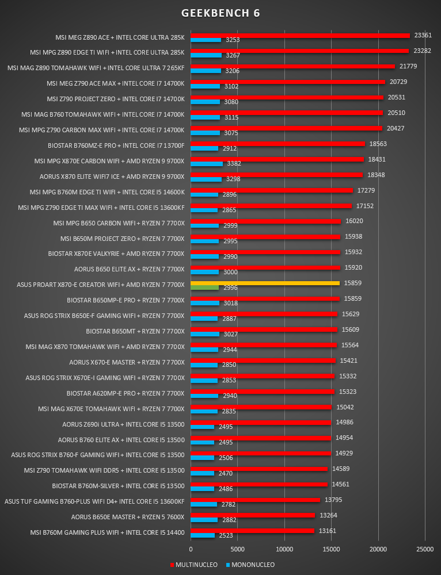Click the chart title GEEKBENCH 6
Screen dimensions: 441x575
tap(221, 13)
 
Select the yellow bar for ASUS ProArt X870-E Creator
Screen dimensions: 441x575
tap(265, 283)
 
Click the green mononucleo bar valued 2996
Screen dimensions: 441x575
tap(204, 287)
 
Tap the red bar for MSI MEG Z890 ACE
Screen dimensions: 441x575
tap(300, 36)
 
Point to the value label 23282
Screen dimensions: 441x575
tap(422, 51)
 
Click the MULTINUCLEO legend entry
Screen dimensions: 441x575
tap(193, 565)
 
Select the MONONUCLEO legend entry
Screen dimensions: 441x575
tap(250, 565)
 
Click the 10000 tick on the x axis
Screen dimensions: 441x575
tap(284, 549)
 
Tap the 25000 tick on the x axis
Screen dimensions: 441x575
tap(425, 549)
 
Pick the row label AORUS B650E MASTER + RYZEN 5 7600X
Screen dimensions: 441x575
tap(128, 517)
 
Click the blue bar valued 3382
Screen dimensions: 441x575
tap(207, 163)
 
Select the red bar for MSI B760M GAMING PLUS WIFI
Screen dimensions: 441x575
tap(252, 531)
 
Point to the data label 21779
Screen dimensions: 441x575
tap(408, 66)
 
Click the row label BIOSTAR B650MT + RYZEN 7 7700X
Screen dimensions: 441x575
tap(135, 331)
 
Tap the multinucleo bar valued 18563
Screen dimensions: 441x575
tap(277, 144)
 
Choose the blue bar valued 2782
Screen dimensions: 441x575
tap(204, 504)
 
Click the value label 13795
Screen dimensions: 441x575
tap(333, 500)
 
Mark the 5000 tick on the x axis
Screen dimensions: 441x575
tap(238, 549)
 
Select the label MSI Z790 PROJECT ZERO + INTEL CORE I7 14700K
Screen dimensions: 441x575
tap(116, 99)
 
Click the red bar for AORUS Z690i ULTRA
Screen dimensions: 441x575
tap(261, 423)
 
